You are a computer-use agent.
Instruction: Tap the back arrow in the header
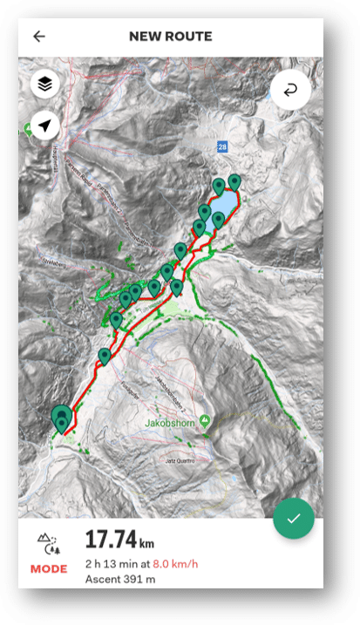pos(39,37)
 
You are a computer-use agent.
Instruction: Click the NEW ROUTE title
pos(170,37)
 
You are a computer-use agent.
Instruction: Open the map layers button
pos(45,85)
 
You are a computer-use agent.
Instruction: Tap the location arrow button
pos(45,126)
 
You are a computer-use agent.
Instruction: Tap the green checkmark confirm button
pos(293,519)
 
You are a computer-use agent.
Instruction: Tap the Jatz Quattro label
pos(180,460)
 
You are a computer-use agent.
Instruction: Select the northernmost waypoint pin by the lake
pos(234,182)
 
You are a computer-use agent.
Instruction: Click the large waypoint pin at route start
pos(61,417)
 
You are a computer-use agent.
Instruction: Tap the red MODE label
pos(49,569)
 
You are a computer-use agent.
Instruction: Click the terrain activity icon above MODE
pos(49,546)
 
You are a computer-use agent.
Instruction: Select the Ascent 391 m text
pos(120,580)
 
